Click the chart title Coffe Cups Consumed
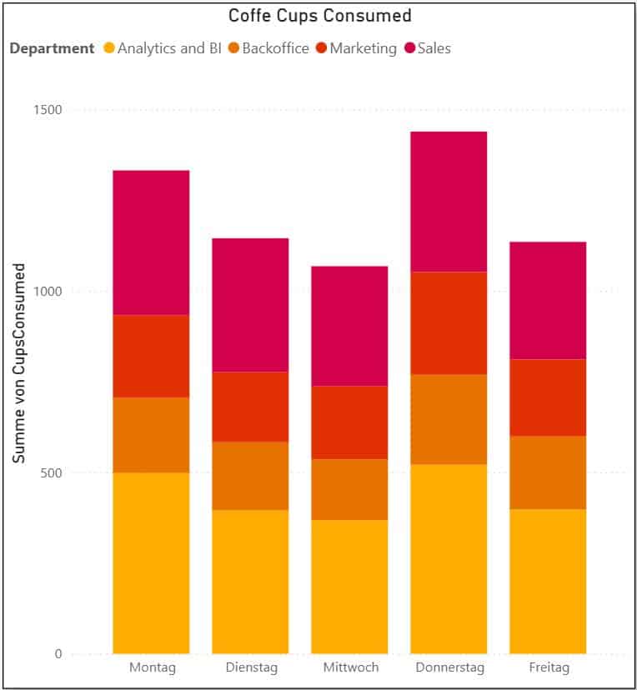click(x=320, y=16)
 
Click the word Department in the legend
click(x=52, y=48)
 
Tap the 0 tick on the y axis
click(x=58, y=654)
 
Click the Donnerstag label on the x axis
click(x=449, y=668)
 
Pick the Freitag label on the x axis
click(x=548, y=668)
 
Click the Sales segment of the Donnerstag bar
click(x=449, y=202)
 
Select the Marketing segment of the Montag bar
click(x=151, y=357)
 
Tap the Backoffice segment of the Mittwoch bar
click(x=349, y=490)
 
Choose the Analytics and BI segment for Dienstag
click(x=250, y=582)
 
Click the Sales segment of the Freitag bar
click(x=548, y=301)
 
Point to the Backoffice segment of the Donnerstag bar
click(x=449, y=419)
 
